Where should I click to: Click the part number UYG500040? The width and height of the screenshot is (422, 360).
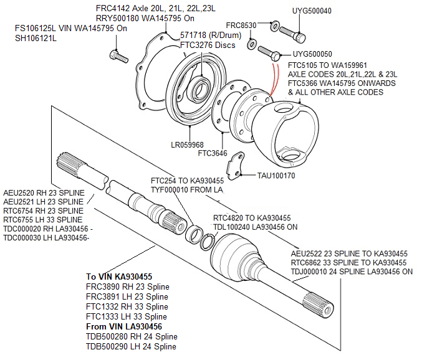312,11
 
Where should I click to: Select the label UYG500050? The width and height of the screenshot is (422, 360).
312,54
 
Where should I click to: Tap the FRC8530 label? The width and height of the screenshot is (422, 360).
241,26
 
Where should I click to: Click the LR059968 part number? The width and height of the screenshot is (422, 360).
186,144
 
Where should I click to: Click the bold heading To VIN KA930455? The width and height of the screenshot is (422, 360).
119,277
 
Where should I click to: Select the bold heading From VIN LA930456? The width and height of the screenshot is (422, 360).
124,326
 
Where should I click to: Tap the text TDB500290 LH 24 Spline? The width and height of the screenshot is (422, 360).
131,346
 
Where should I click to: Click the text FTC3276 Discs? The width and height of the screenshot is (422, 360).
208,45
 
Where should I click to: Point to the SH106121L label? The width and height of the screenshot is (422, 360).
36,38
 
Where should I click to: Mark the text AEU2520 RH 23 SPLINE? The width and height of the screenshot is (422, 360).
43,193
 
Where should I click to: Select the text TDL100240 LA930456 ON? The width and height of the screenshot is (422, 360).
256,227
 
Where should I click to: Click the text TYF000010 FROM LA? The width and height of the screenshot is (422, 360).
187,189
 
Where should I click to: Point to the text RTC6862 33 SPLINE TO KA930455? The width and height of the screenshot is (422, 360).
349,263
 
